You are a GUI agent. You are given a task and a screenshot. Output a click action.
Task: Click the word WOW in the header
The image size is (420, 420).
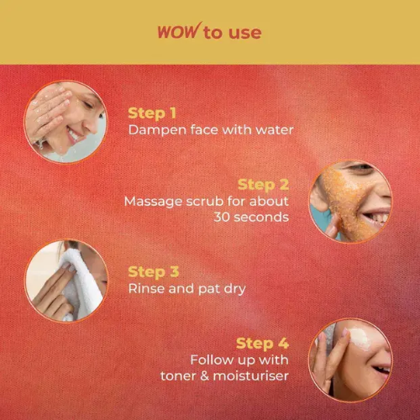177,32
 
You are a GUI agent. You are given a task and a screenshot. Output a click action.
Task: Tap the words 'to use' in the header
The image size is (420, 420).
232,33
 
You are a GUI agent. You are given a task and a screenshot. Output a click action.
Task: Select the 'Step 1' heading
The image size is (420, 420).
152,112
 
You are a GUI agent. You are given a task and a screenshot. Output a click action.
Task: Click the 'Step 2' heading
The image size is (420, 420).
263,184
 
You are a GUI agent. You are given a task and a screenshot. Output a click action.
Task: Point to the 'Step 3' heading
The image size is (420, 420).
154,271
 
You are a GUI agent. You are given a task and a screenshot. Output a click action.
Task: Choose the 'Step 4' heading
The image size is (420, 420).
262,343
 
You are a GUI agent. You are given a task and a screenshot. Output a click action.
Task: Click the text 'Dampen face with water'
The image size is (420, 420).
197,130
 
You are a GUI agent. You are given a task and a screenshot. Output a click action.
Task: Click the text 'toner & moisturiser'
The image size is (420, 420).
224,375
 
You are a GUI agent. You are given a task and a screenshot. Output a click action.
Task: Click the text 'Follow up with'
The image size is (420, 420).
244,360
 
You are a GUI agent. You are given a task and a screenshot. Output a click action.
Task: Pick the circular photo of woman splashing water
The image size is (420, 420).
66,122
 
